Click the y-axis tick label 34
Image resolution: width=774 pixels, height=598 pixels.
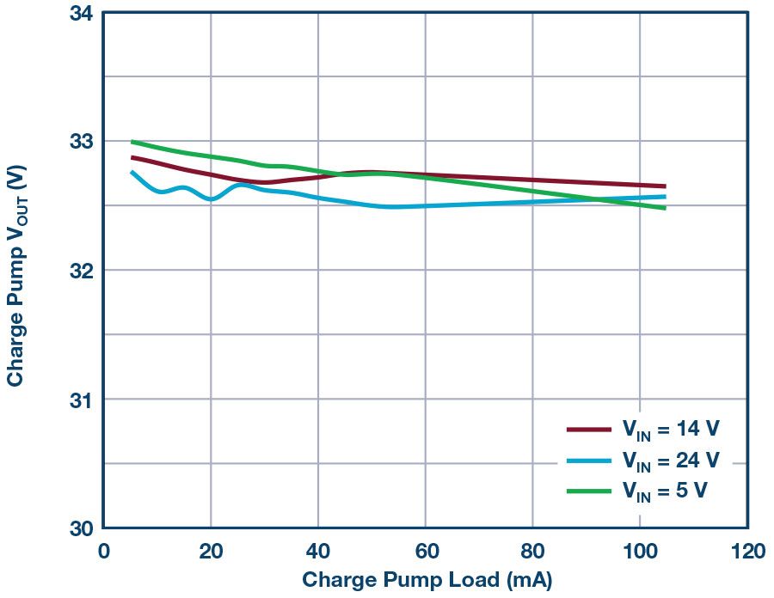(x=81, y=13)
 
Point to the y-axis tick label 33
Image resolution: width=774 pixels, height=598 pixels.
(x=81, y=141)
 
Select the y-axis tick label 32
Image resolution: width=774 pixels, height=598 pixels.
(x=81, y=270)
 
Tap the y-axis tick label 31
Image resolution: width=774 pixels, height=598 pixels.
(x=81, y=399)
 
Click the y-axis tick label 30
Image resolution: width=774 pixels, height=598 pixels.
(x=81, y=528)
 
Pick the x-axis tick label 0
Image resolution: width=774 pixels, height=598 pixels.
(x=103, y=550)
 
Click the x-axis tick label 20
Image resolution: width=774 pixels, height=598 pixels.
(x=211, y=550)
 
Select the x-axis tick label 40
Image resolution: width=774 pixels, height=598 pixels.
(x=318, y=550)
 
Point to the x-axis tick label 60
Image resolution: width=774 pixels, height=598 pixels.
(x=426, y=550)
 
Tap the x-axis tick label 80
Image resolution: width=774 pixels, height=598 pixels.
(x=532, y=550)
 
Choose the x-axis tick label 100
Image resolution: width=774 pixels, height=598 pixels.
(x=640, y=550)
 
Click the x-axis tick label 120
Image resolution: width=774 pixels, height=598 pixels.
(x=747, y=550)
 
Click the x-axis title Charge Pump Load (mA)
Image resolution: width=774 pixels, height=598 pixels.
(x=427, y=579)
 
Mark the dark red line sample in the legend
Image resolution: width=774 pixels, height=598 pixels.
(x=588, y=429)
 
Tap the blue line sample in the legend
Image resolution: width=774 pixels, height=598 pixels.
(x=588, y=460)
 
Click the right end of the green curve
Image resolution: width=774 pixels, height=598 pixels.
(x=664, y=207)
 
